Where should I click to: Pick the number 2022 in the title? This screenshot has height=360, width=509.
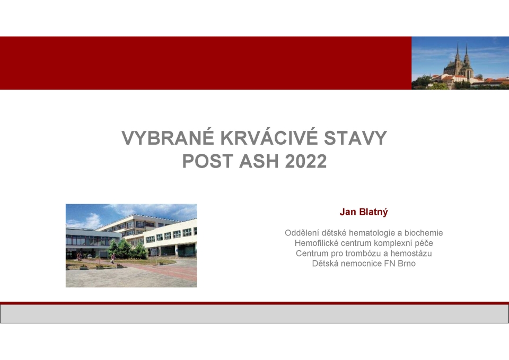coord(306,161)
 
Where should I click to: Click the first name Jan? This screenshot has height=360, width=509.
coord(347,213)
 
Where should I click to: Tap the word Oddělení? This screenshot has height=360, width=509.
coord(301,233)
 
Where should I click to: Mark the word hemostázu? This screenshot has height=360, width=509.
coord(411,253)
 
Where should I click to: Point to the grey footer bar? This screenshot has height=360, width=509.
coord(254,314)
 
